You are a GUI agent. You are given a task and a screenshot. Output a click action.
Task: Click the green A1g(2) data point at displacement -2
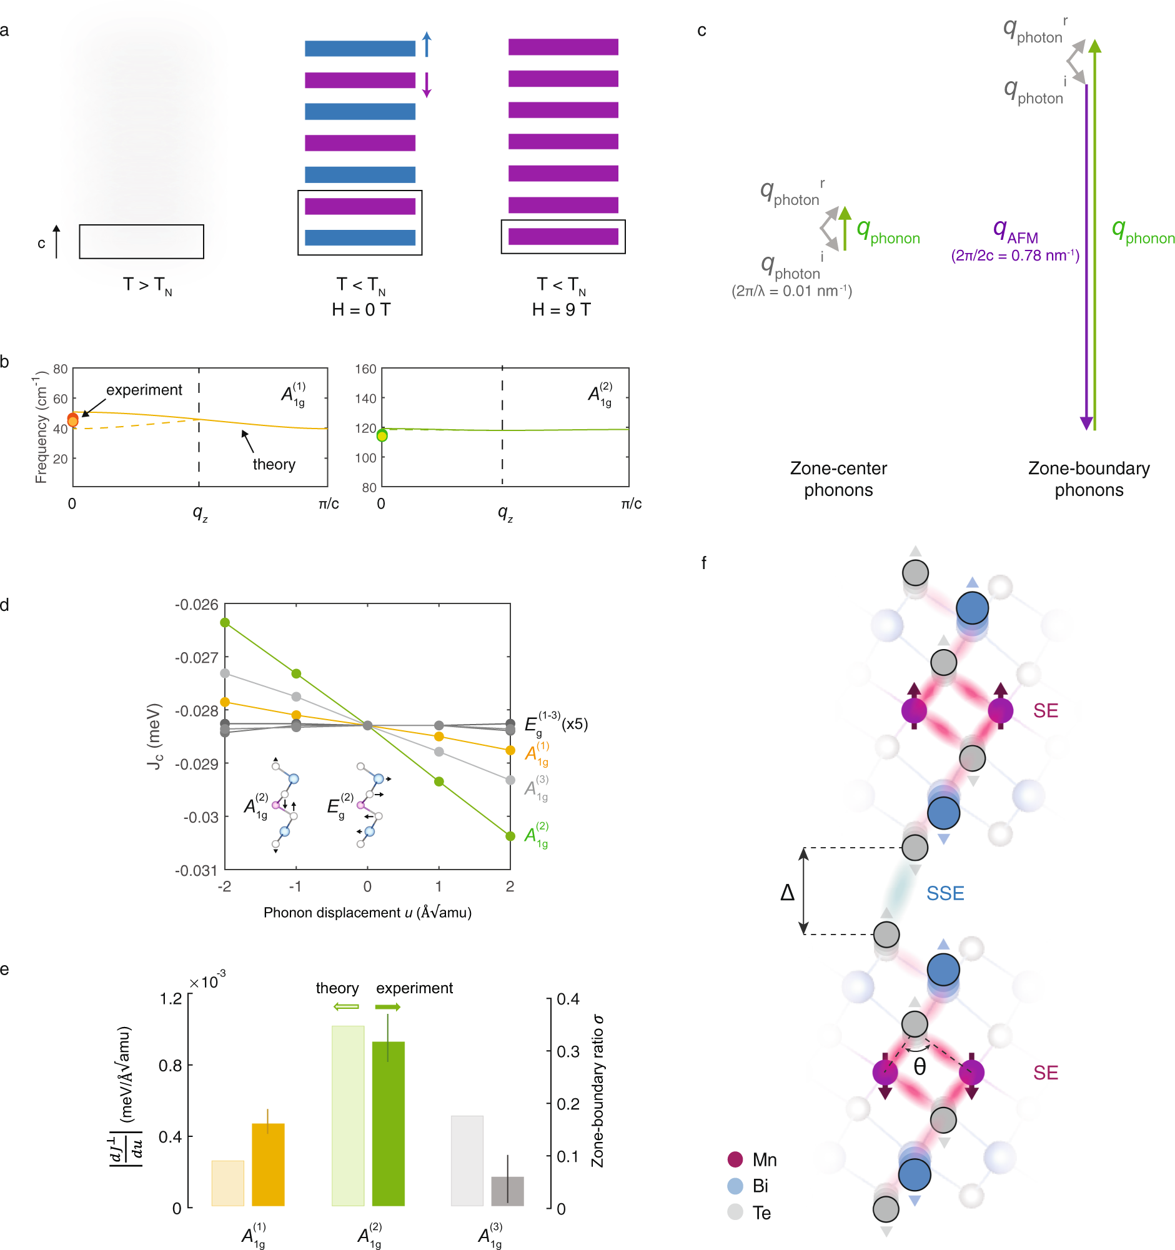[x=225, y=622]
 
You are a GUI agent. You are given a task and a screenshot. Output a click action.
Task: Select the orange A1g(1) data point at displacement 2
[x=510, y=750]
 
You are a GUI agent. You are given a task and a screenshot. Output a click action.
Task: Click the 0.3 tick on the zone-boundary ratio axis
[x=568, y=1051]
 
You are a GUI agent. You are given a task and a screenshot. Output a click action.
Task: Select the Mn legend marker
[x=735, y=1159]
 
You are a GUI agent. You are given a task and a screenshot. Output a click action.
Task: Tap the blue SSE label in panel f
[x=945, y=893]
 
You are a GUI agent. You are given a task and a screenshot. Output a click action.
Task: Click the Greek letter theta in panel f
[x=919, y=1067]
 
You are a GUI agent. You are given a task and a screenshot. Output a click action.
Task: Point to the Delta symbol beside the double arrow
[x=787, y=892]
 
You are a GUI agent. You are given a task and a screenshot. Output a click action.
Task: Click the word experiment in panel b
[x=144, y=390]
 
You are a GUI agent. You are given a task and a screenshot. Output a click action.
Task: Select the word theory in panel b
[x=274, y=464]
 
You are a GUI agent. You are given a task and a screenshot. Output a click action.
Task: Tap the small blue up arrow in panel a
[x=427, y=44]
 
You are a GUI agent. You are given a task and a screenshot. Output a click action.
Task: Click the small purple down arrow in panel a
[x=427, y=84]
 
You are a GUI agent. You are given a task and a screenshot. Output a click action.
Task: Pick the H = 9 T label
[x=562, y=309]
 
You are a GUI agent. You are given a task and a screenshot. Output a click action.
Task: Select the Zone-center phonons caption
[x=838, y=479]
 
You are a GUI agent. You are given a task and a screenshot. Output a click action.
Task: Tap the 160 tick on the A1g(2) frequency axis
[x=365, y=369]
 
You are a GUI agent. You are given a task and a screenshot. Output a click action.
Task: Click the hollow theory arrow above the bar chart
[x=347, y=1006]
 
